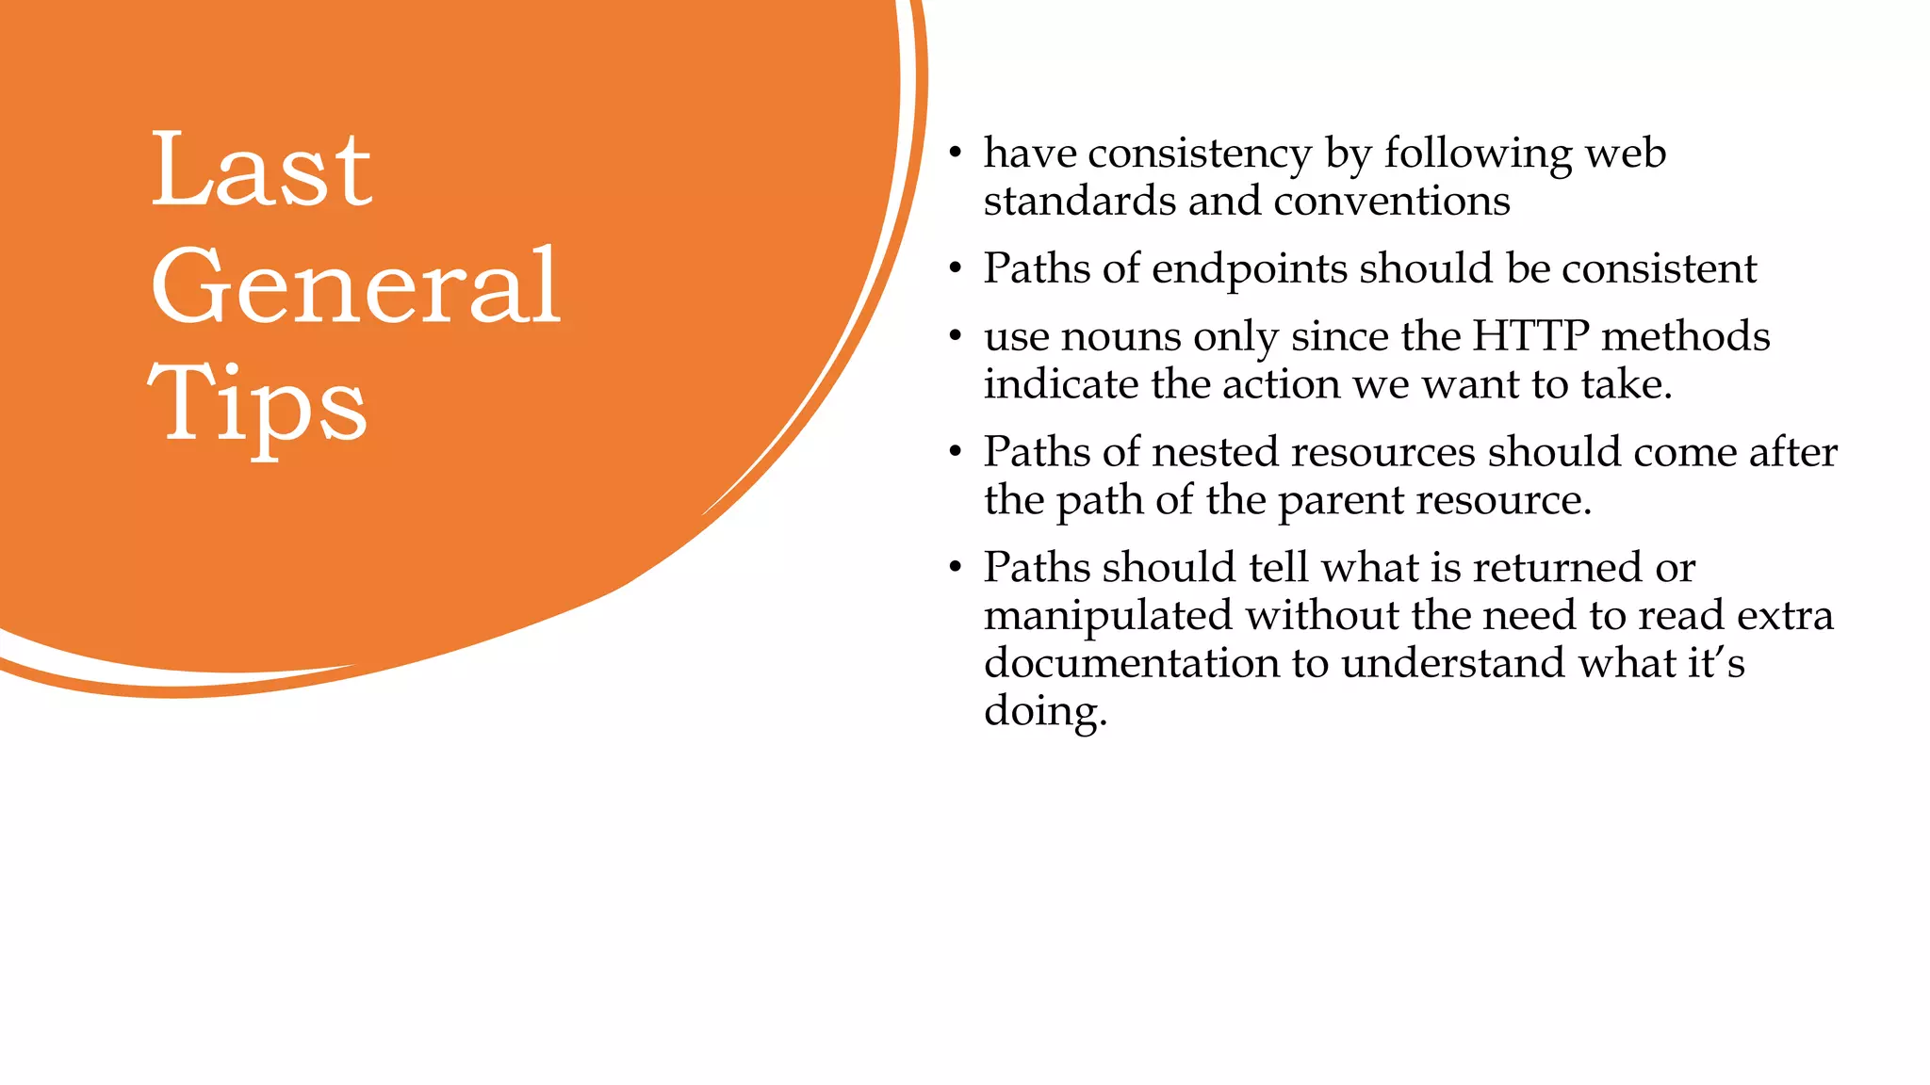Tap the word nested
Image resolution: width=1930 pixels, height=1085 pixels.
1215,452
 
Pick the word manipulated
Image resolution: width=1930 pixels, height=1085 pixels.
1108,617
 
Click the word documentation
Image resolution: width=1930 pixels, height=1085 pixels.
1131,663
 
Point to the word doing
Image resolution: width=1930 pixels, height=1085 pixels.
1045,711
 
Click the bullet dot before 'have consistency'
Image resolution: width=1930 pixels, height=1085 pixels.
955,154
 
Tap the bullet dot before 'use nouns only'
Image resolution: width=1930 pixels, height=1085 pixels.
955,336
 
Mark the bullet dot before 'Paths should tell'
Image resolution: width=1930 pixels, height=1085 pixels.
955,568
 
